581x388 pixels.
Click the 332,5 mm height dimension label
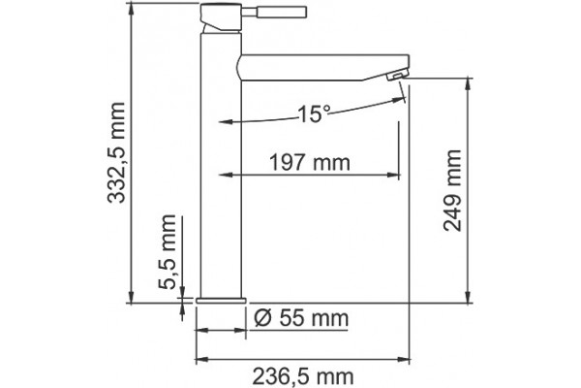click(x=116, y=152)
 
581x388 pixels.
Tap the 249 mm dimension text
click(x=452, y=190)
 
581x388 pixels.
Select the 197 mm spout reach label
click(x=310, y=163)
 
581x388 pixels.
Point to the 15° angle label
click(x=314, y=113)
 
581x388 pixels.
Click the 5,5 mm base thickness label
click(x=168, y=252)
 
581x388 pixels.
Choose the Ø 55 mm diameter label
click(x=301, y=318)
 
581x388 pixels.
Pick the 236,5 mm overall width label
click(x=303, y=377)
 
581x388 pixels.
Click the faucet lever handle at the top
click(x=274, y=12)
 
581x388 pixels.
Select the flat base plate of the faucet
click(x=221, y=301)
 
